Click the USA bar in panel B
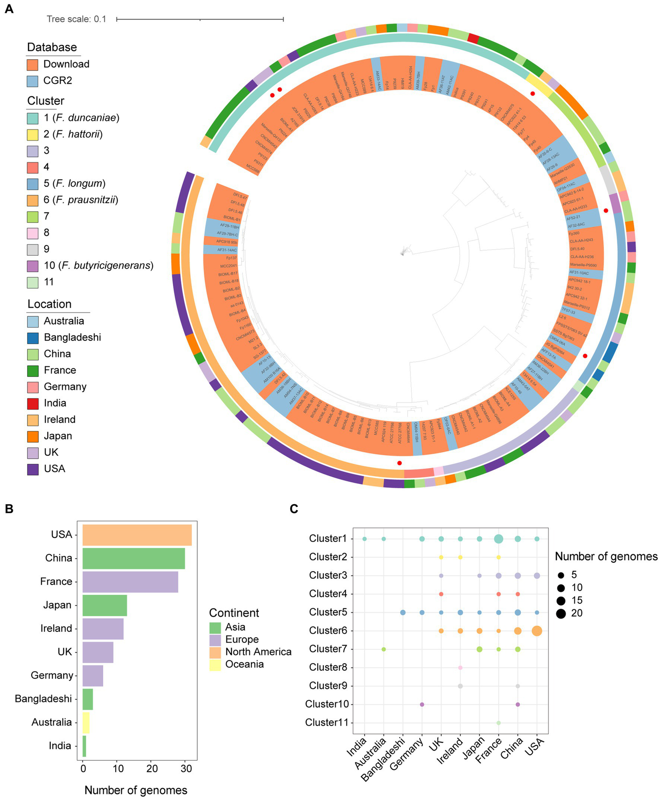pyautogui.click(x=137, y=535)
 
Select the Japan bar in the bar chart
pyautogui.click(x=104, y=605)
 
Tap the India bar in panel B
pyautogui.click(x=84, y=746)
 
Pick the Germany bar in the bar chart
pyautogui.click(x=92, y=675)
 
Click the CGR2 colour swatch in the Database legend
pyautogui.click(x=33, y=81)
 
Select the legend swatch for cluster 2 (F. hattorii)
pyautogui.click(x=33, y=134)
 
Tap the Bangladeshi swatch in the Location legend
pyautogui.click(x=33, y=337)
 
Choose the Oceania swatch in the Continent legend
pyautogui.click(x=215, y=664)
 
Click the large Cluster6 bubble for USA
pyautogui.click(x=537, y=631)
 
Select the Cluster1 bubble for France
pyautogui.click(x=499, y=539)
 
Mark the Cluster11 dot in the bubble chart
pyautogui.click(x=499, y=723)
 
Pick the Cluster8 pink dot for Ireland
pyautogui.click(x=460, y=667)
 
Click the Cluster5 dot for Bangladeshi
pyautogui.click(x=403, y=612)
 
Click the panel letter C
pyautogui.click(x=294, y=509)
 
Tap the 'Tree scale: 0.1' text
pyautogui.click(x=76, y=19)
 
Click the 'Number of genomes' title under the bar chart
pyautogui.click(x=136, y=790)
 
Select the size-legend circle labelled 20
pyautogui.click(x=561, y=613)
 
